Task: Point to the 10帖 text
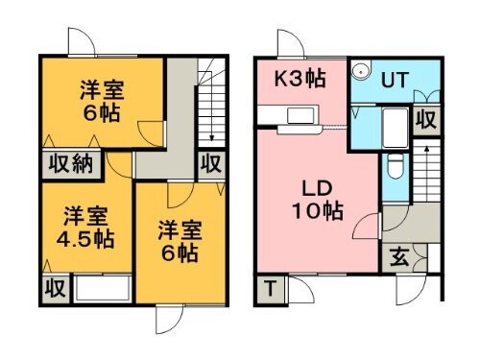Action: click(317, 208)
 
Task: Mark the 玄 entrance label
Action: click(397, 257)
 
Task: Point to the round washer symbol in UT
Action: click(361, 70)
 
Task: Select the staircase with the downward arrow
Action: click(210, 106)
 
